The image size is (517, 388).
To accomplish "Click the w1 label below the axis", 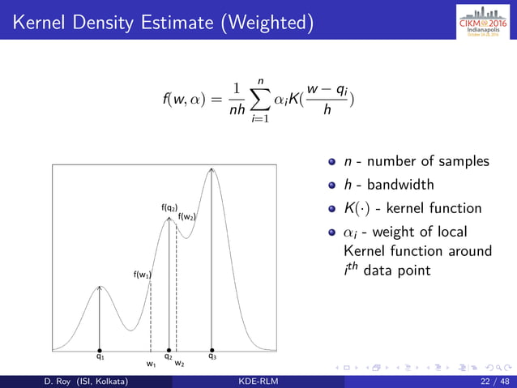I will (151, 365).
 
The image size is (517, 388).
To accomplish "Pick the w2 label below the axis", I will (180, 365).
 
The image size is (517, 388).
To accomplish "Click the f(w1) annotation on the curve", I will (142, 275).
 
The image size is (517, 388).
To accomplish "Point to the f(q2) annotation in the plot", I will (169, 208).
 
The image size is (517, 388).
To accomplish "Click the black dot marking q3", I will (212, 351).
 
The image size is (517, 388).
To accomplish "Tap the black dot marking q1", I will (99, 351).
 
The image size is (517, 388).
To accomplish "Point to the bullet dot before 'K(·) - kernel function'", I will (331, 209).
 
